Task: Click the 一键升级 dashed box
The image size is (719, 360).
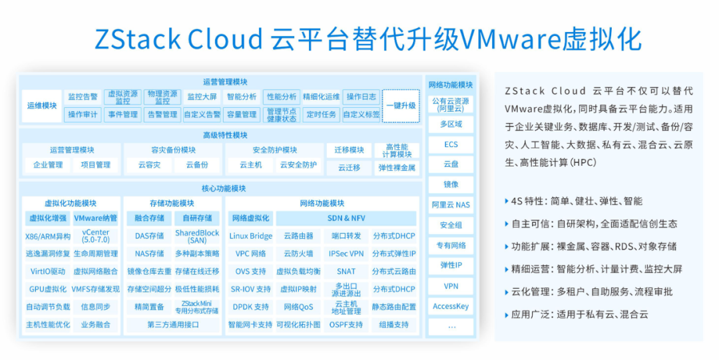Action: coord(401,106)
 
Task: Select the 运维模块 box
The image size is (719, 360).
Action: coord(41,106)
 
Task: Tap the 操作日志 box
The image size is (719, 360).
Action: coord(361,96)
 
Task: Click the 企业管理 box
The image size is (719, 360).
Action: coord(47,165)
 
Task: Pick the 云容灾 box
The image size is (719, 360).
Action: coord(149,165)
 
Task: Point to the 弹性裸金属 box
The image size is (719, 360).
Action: coord(397,168)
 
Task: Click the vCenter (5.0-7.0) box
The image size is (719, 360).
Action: coord(96,236)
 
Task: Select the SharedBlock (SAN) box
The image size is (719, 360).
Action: coord(197,236)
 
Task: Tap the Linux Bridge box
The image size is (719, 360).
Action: coord(250,236)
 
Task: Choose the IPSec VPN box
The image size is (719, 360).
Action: coord(346,254)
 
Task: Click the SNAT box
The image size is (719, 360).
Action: coord(346,271)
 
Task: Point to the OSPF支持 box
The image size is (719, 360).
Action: coord(346,325)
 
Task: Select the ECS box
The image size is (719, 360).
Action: coord(451,144)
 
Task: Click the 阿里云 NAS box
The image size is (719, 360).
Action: coord(451,205)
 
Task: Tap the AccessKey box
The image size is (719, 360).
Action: coord(451,307)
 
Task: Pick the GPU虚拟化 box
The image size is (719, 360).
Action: coord(47,289)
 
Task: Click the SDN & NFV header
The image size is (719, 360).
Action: coord(346,218)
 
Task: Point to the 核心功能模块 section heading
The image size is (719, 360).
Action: coord(224,188)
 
